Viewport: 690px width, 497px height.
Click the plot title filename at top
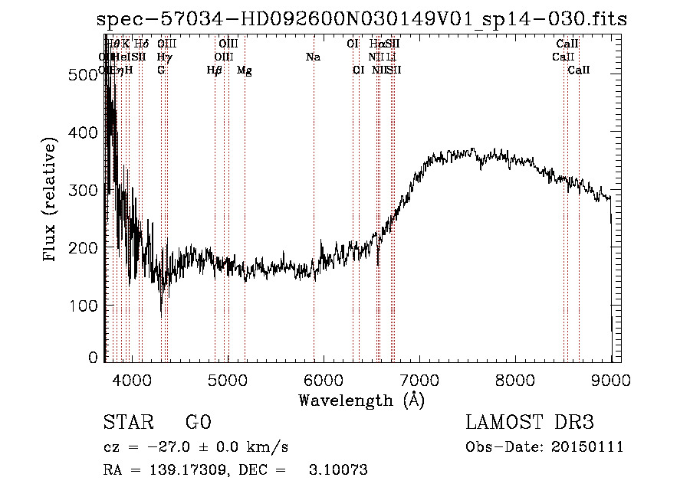point(362,19)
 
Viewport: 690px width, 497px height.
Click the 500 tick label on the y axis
point(85,74)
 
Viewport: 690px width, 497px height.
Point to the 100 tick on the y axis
point(85,306)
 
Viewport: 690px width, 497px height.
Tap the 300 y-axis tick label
point(85,190)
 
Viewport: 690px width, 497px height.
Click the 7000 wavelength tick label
point(419,379)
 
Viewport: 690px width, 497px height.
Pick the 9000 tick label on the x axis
point(611,379)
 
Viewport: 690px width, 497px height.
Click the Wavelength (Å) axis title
point(361,400)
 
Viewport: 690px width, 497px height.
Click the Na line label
point(313,57)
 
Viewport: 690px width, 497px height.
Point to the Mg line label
point(245,70)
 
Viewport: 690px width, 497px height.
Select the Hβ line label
point(215,70)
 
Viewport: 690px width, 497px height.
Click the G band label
point(161,70)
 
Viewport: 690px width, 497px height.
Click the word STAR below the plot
point(127,423)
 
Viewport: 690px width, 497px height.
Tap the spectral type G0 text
point(198,423)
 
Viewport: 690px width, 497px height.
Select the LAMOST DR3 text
point(530,423)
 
